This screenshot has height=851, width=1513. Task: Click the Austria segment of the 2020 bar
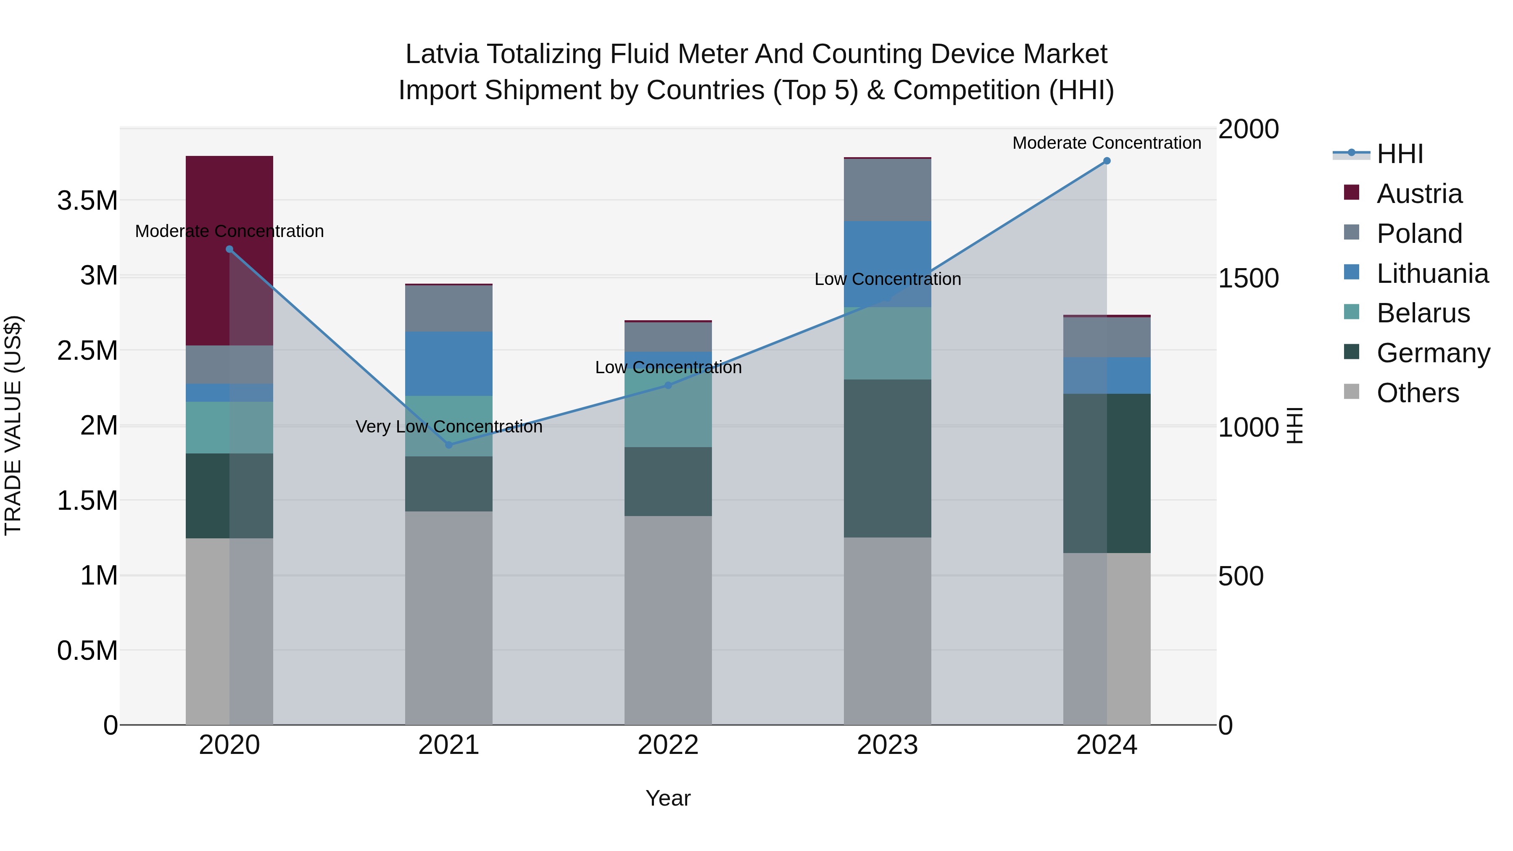click(229, 251)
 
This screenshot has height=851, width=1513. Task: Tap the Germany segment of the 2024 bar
click(1107, 473)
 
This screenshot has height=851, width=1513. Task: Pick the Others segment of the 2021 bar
click(449, 617)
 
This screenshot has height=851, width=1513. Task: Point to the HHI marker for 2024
click(1107, 161)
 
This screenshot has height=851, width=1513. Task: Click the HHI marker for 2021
click(449, 445)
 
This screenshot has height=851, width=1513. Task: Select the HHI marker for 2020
click(229, 249)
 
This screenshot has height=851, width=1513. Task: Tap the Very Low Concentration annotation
click(449, 427)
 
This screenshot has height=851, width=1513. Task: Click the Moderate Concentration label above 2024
click(1107, 143)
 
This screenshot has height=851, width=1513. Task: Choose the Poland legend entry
click(1419, 234)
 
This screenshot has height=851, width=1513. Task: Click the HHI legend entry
click(1400, 154)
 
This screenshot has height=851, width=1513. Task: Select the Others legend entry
click(1417, 393)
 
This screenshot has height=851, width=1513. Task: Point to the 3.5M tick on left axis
click(87, 201)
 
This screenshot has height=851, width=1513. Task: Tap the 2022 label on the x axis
click(668, 745)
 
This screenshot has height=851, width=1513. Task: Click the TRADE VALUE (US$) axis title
click(13, 425)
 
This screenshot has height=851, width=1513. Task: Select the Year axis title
click(668, 798)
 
